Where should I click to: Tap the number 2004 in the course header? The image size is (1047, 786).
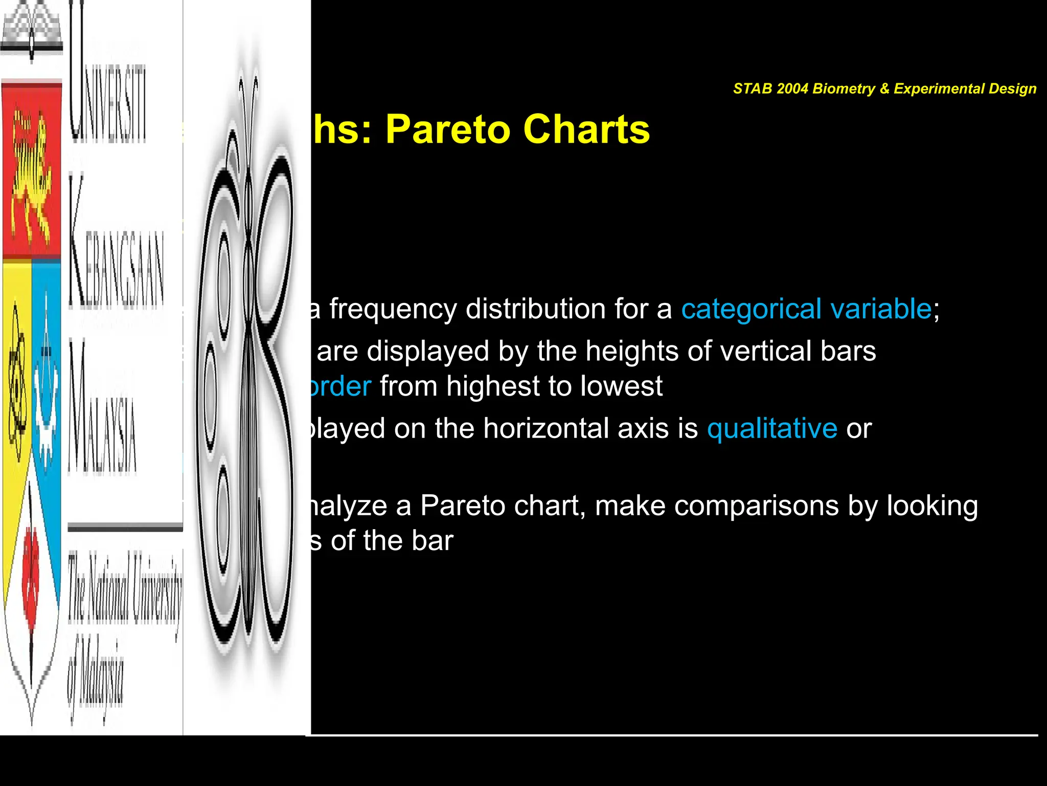[792, 89]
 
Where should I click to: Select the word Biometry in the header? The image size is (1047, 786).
[844, 89]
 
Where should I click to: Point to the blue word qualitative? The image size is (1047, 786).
[772, 428]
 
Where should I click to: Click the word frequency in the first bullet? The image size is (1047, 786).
[393, 309]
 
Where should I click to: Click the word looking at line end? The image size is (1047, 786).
[932, 506]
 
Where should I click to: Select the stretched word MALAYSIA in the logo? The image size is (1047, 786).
[102, 409]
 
